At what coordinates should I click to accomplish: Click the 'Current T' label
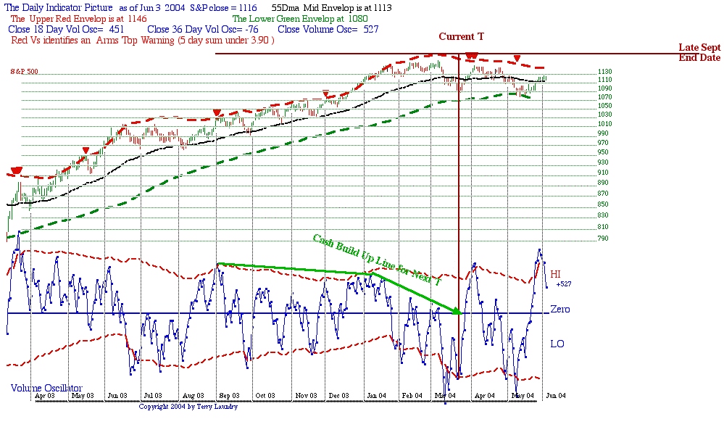(461, 36)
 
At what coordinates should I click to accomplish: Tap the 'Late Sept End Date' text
(699, 52)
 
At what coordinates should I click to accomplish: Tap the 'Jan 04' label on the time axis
(375, 396)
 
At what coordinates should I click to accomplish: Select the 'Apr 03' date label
(45, 396)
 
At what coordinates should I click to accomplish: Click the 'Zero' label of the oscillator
(559, 310)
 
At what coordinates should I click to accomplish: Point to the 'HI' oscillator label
(556, 274)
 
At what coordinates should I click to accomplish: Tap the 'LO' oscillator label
(557, 344)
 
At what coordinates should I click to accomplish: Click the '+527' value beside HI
(565, 284)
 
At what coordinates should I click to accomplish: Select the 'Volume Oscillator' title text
(46, 389)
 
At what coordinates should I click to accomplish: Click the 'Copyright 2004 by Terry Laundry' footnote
(188, 407)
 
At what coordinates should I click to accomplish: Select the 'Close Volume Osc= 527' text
(328, 29)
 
